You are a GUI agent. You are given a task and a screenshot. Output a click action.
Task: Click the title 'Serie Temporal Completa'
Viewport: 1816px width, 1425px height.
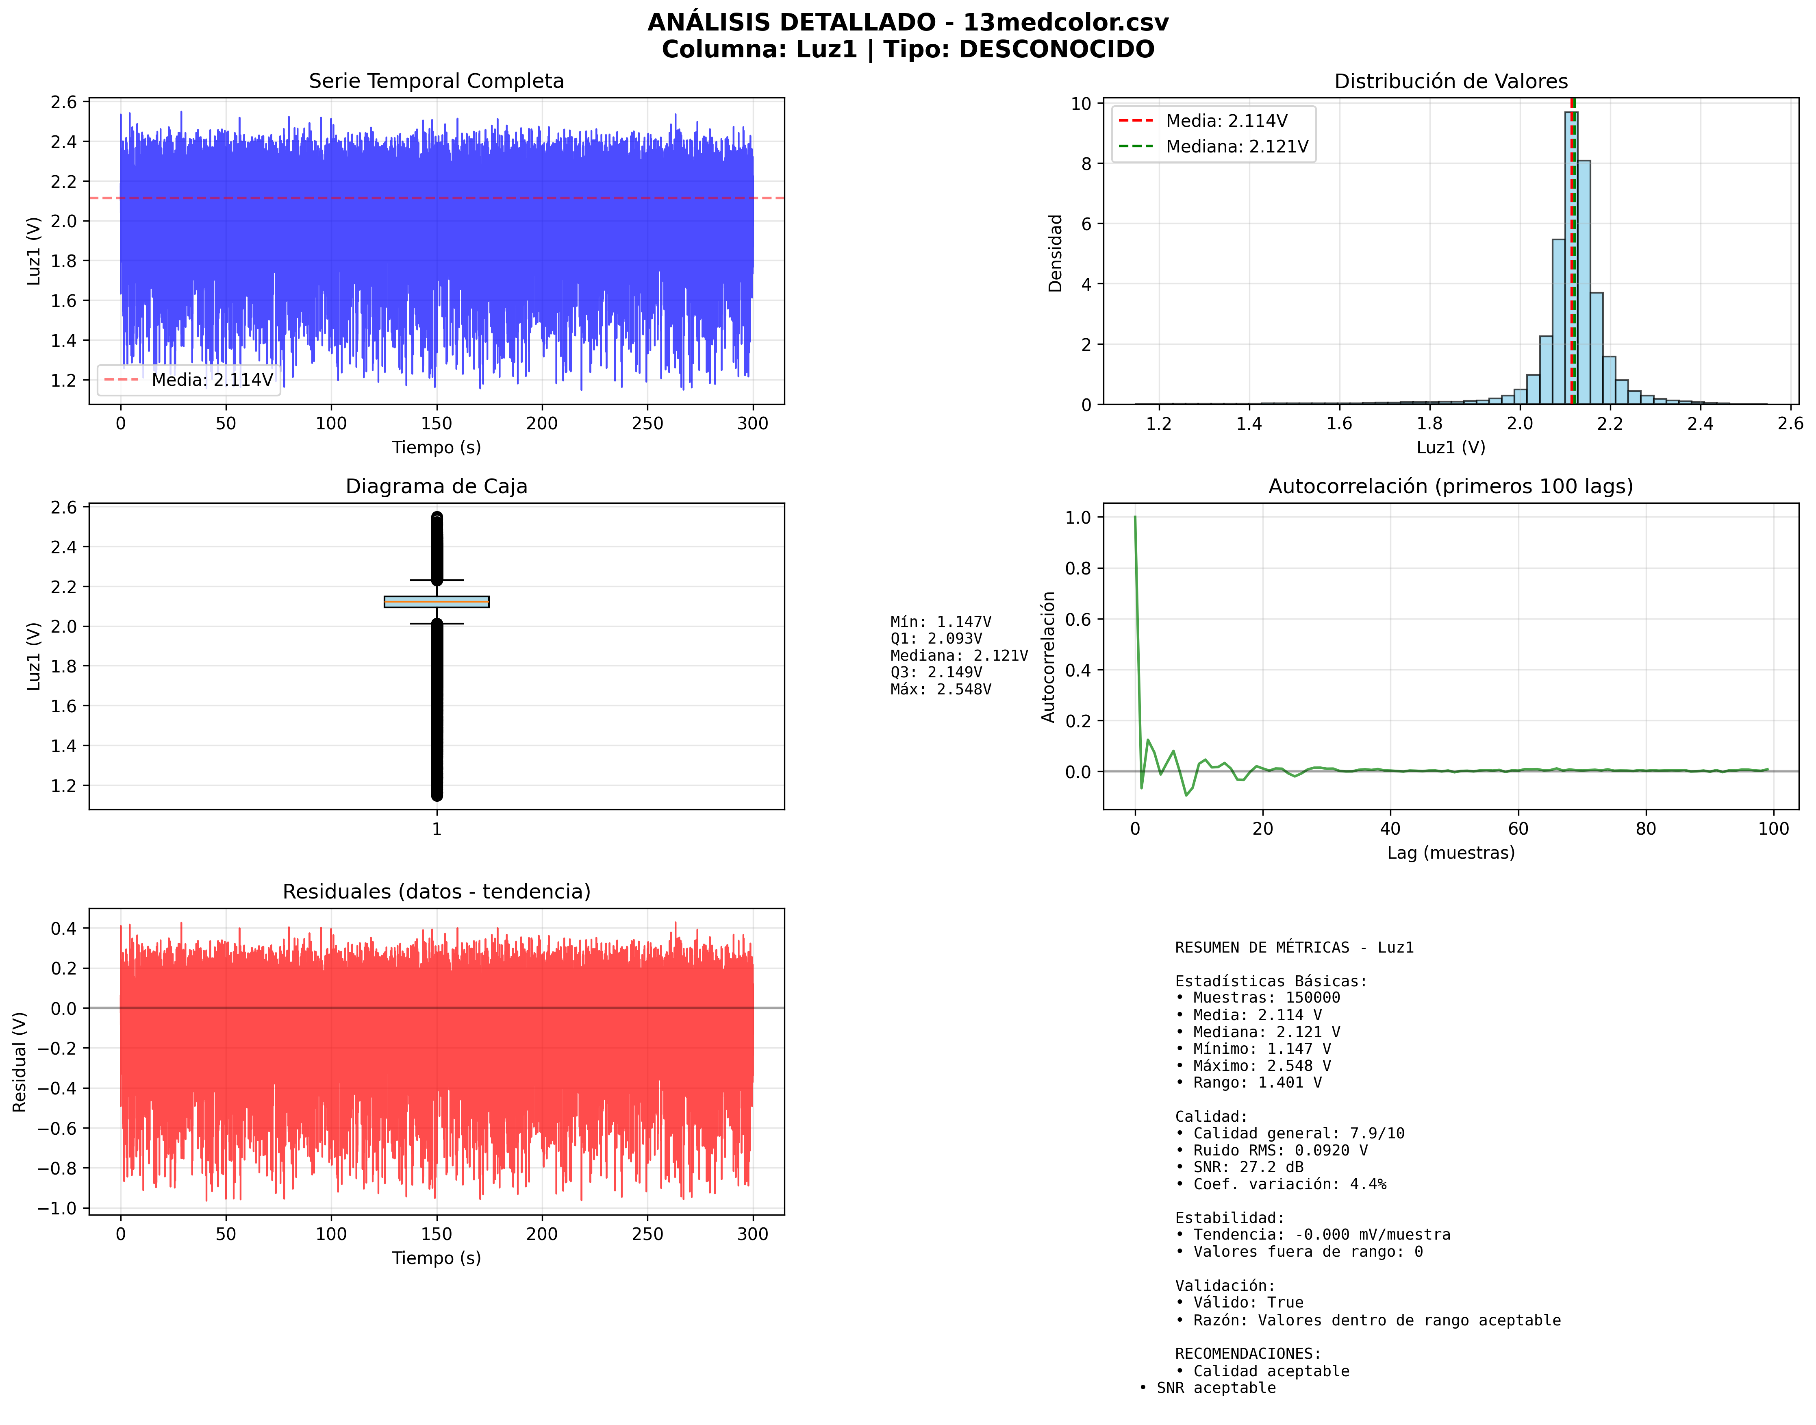(436, 81)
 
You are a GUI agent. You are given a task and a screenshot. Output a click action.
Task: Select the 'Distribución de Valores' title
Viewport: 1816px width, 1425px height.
(1451, 81)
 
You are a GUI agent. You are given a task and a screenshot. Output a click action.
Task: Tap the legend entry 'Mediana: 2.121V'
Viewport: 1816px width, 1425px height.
(1236, 147)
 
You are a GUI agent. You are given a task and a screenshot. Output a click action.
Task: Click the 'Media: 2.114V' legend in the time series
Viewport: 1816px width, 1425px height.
(212, 380)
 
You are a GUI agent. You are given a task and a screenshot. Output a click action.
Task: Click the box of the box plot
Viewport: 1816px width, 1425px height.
(436, 602)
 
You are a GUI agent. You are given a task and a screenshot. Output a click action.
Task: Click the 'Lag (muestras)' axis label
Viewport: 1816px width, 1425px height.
(1451, 853)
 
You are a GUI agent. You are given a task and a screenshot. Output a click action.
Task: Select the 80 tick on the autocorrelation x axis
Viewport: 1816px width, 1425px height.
(1646, 829)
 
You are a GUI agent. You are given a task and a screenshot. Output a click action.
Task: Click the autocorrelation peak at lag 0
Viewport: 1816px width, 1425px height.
(1135, 518)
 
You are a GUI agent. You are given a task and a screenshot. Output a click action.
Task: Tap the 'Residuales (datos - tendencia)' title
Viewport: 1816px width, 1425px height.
(436, 892)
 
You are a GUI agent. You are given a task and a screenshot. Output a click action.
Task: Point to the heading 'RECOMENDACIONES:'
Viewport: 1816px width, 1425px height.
(1248, 1353)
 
